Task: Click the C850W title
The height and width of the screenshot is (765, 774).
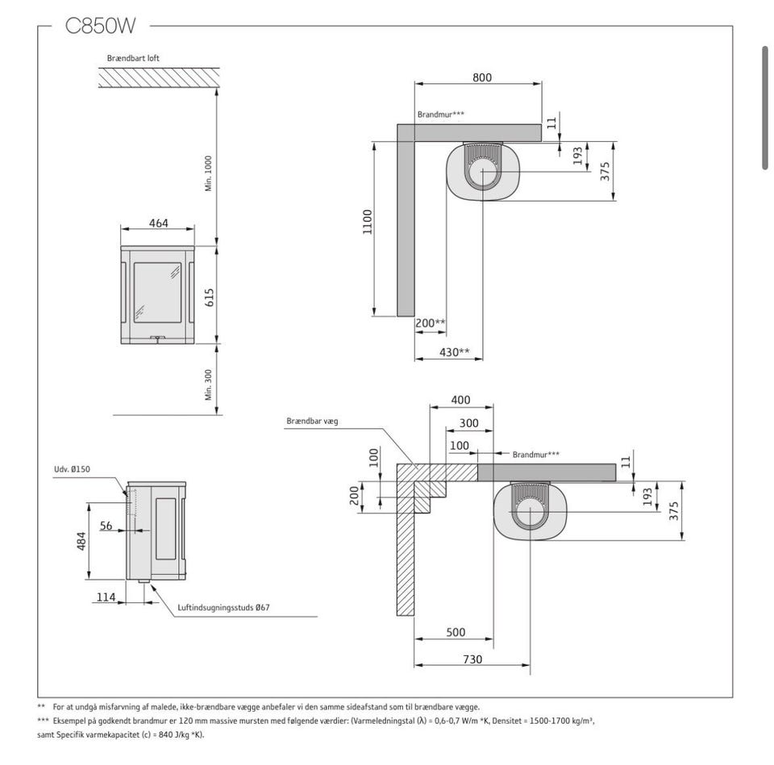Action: [100, 26]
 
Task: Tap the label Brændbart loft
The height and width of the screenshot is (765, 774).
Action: [133, 58]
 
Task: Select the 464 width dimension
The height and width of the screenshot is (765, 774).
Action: [159, 223]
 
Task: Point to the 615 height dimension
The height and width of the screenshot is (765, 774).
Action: [210, 297]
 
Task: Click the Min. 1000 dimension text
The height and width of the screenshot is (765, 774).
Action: [208, 174]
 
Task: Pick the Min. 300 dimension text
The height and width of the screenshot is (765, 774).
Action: [208, 385]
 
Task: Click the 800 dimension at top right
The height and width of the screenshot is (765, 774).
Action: [482, 77]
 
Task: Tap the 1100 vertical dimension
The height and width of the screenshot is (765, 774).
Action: [368, 222]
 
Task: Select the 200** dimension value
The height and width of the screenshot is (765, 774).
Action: [431, 323]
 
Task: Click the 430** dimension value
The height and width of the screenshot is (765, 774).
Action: [455, 352]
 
